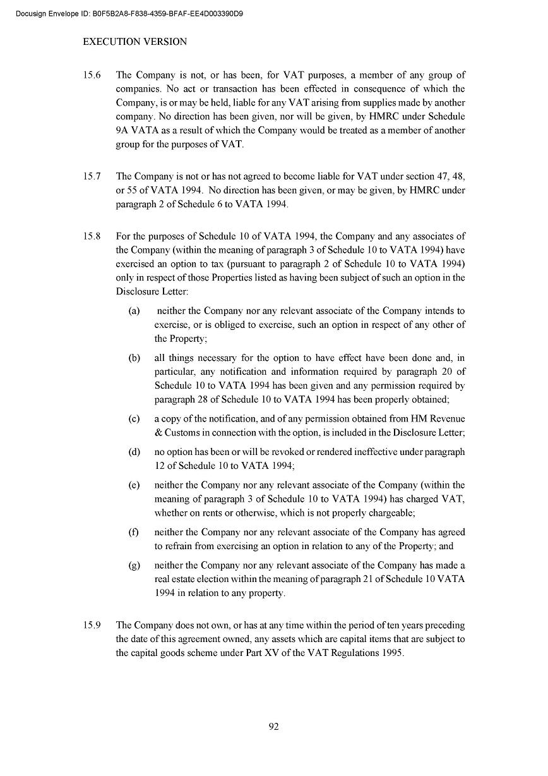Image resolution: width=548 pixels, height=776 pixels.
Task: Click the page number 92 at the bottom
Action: (x=273, y=726)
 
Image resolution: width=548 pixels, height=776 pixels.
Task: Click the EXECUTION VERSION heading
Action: (x=134, y=42)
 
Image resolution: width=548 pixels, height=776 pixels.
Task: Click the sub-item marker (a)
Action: (x=134, y=311)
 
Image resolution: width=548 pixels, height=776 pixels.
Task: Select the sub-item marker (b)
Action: (x=134, y=358)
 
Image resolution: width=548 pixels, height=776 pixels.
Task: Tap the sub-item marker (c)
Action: (x=134, y=419)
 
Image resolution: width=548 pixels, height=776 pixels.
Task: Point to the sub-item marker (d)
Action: (x=134, y=452)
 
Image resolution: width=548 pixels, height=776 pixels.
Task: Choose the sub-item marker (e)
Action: (x=134, y=485)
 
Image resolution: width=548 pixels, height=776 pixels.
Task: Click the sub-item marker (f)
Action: (x=134, y=532)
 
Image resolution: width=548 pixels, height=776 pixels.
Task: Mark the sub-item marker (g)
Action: (x=134, y=565)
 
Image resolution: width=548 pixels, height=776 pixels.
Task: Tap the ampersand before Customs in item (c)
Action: (x=158, y=433)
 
